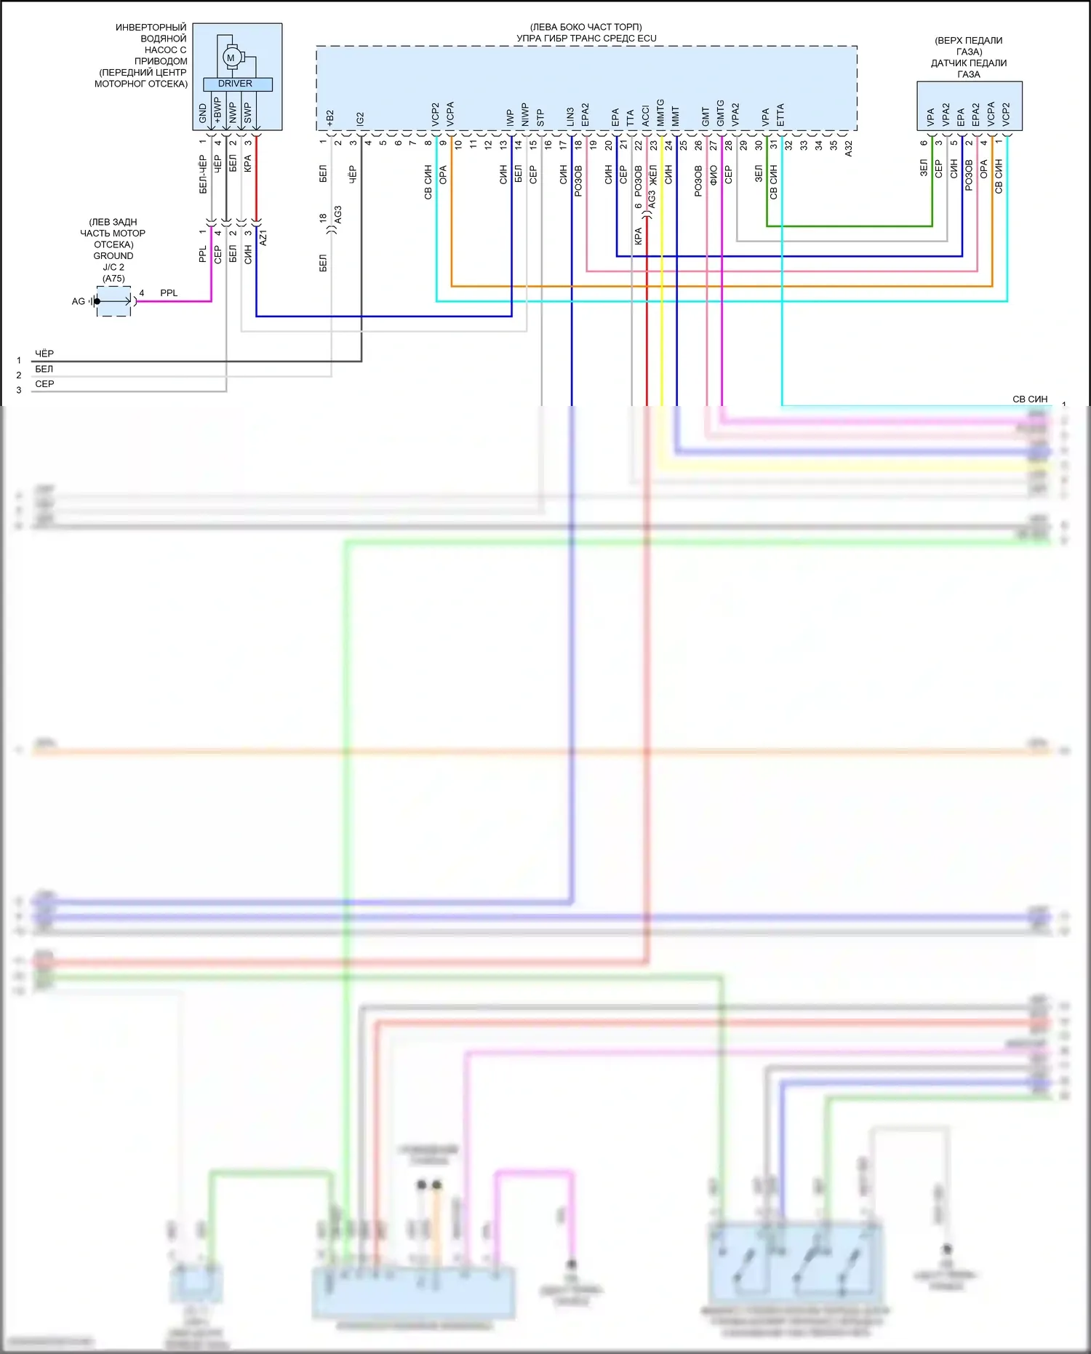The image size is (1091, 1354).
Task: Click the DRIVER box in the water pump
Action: tap(235, 84)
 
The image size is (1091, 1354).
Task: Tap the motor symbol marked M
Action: tap(231, 57)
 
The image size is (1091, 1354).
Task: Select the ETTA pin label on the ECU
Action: tap(780, 115)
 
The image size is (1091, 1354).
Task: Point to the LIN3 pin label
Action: tap(571, 116)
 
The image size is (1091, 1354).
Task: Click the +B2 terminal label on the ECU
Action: tap(330, 119)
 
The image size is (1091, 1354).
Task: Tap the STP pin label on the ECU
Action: tap(540, 118)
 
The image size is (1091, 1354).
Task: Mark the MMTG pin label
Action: tap(660, 114)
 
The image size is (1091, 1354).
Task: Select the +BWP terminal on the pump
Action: tap(217, 111)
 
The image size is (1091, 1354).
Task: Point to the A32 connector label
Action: tap(848, 148)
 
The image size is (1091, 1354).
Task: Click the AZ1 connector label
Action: tap(263, 237)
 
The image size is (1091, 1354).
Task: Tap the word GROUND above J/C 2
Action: tap(113, 256)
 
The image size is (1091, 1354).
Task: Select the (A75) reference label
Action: tap(113, 279)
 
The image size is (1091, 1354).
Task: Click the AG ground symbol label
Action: tap(79, 301)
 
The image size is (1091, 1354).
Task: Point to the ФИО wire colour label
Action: tap(714, 175)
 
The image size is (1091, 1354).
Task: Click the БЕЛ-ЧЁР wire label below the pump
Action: tap(203, 174)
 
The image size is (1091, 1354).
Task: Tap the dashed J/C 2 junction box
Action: tap(114, 301)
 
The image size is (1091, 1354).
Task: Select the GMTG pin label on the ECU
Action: tap(721, 114)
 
